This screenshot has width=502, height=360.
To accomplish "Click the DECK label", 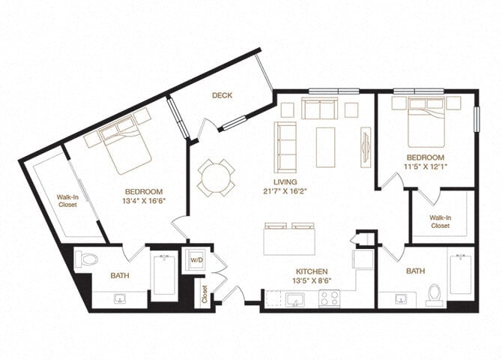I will coord(221,95).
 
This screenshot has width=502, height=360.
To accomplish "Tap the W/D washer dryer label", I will coord(196,260).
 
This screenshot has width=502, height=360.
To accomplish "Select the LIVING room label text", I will coord(285,181).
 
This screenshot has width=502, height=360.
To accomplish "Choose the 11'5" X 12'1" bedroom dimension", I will coord(426,165).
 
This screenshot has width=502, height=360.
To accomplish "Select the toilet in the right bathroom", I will coord(434,294).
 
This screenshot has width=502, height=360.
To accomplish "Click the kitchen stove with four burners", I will coord(330,298).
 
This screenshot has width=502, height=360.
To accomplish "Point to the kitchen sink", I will coord(292,298).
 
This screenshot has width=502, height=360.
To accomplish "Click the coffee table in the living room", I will coord(325,142).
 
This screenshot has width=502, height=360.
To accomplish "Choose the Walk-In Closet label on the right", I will coord(440,221).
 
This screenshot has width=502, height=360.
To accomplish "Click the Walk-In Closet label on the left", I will coord(68,202).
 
